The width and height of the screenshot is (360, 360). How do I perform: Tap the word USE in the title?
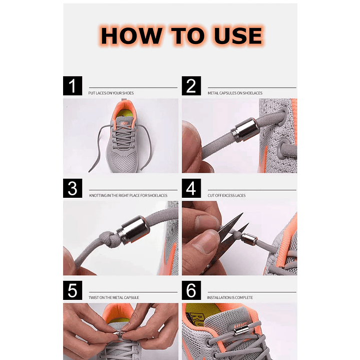coord(238,36)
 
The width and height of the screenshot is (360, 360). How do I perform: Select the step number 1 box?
coord(73,86)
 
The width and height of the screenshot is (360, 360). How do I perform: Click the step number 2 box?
coord(191,86)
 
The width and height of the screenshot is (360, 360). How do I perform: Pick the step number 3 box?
coord(73,188)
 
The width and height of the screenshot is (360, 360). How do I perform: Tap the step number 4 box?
coord(191,188)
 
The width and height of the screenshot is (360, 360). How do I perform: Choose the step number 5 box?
coord(73,290)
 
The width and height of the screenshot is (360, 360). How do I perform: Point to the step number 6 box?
coord(191,290)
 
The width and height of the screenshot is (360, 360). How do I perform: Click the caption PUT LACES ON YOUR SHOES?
coord(111,93)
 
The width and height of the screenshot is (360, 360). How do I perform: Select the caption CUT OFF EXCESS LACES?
coord(227,195)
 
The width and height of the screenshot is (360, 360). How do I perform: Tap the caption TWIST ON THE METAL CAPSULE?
coord(114,297)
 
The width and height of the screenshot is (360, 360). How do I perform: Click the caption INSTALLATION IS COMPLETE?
coord(230,297)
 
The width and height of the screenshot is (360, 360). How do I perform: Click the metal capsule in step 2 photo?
coord(244,129)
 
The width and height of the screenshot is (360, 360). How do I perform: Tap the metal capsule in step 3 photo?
coord(133,230)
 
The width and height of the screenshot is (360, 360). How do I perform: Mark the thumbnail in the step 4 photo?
coord(205,243)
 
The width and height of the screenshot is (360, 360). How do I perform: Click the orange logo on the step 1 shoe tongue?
coord(125,124)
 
